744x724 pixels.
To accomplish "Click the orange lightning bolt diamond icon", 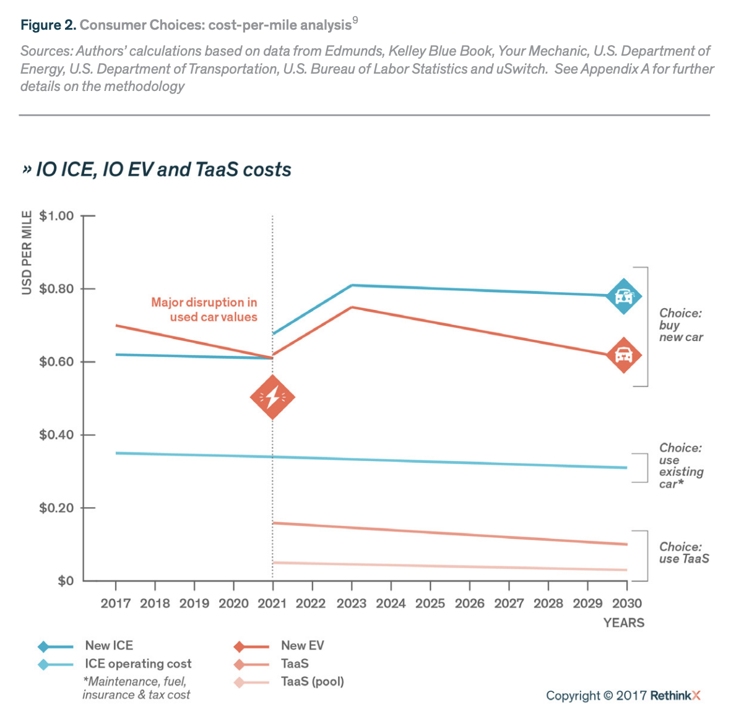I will click(272, 397).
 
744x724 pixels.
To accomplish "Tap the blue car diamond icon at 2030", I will click(623, 296).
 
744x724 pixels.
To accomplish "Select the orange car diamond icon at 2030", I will click(623, 355).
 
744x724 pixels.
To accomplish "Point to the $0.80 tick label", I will click(56, 289).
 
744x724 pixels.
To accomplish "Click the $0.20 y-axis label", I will click(56, 508).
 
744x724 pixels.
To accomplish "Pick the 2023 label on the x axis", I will click(352, 603).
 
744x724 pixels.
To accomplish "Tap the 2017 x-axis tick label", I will click(116, 603).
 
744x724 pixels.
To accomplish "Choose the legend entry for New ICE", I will click(109, 645).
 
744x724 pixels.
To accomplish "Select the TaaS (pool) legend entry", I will click(312, 682).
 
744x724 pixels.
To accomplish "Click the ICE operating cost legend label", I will click(138, 664).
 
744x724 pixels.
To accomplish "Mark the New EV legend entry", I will click(302, 645).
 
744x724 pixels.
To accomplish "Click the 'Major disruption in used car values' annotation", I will click(204, 309).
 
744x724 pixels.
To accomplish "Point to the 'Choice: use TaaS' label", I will click(684, 553).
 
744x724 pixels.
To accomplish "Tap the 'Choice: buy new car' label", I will click(681, 325).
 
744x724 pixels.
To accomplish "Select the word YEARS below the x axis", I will click(624, 623).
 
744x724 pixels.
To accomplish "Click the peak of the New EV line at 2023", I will click(352, 307).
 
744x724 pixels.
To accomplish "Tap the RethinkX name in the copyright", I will click(675, 696).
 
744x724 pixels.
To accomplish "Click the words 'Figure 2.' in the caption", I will click(48, 25).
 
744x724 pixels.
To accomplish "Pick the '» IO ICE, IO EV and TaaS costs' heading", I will click(157, 170).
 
